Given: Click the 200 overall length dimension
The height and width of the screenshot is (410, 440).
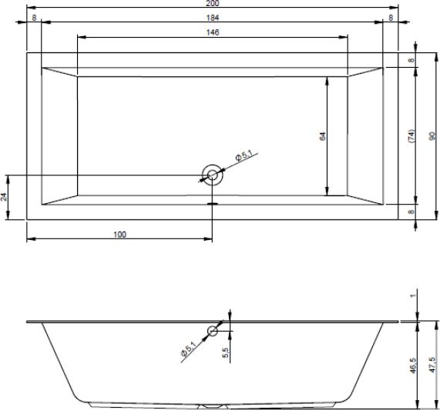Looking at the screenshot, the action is click(x=213, y=3).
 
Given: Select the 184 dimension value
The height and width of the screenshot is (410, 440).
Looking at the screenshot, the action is click(x=213, y=18).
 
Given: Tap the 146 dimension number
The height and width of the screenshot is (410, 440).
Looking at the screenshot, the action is click(x=213, y=32).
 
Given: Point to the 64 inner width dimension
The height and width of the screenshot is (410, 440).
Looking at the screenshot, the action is click(x=323, y=136).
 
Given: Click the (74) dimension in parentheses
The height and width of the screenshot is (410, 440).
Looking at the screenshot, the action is click(x=411, y=136).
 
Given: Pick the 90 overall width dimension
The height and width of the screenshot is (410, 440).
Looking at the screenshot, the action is click(x=432, y=136).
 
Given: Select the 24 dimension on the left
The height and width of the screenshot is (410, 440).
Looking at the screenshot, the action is click(x=4, y=197).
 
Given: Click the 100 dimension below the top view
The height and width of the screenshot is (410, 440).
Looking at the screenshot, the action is click(x=119, y=235).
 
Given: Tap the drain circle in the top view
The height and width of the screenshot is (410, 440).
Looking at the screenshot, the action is click(x=212, y=175).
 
